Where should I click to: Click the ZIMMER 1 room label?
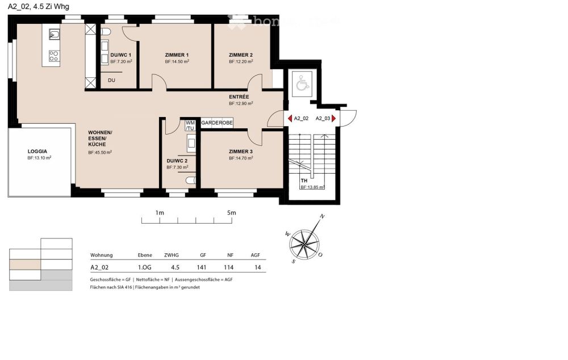(177, 55)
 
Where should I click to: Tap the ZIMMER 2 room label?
(240, 55)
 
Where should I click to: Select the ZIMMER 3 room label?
(241, 152)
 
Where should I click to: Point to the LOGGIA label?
(37, 152)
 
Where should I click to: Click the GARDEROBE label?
(216, 123)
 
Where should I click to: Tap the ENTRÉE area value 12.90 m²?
(241, 104)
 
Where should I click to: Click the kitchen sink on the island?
(55, 35)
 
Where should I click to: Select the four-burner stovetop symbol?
(55, 56)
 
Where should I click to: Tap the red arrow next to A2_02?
(290, 119)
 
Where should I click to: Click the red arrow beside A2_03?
(333, 119)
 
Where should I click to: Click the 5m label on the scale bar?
(231, 212)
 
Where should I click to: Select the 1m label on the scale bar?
(160, 212)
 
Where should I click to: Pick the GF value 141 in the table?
(202, 267)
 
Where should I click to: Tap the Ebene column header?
(145, 256)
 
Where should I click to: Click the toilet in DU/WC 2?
(191, 181)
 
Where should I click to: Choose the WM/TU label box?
(190, 125)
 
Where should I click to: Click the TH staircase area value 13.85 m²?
(312, 187)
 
